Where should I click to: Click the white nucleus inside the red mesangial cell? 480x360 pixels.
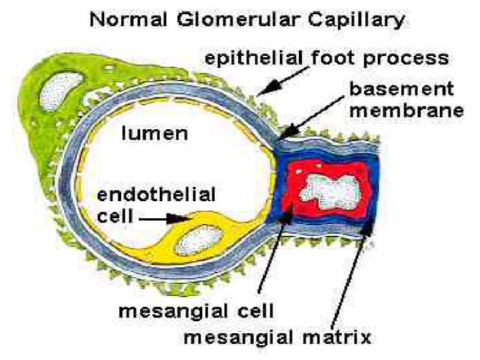pos(329,188)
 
